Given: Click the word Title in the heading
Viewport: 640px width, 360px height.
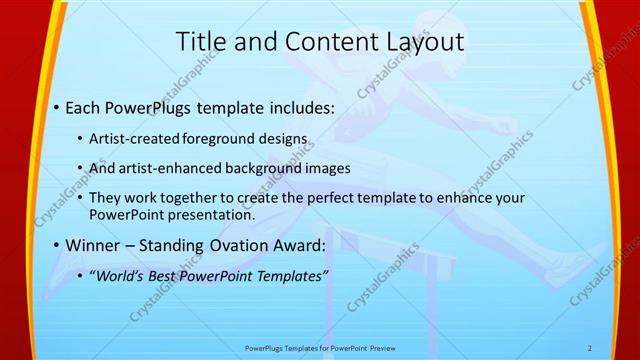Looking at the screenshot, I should (199, 42).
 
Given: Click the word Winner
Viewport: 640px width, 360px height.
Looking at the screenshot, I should (95, 245).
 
